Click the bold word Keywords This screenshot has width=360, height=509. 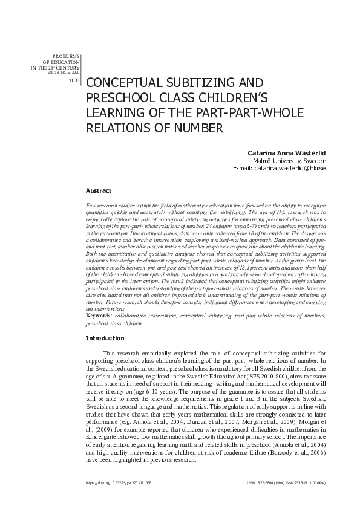coord(99,315)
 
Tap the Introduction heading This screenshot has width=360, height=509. coord(105,338)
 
